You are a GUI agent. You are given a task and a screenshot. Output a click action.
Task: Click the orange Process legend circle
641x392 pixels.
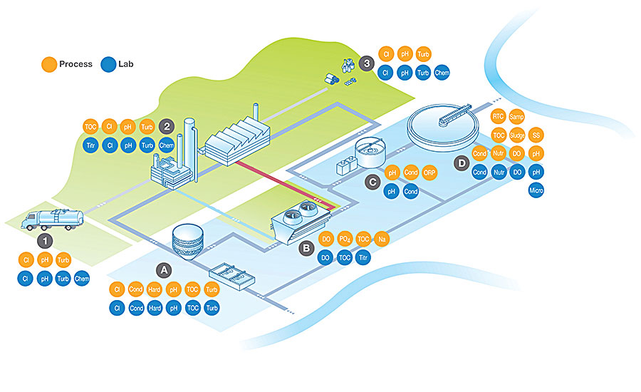[x=49, y=64]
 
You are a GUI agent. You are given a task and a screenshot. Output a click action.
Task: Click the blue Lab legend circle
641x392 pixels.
[x=108, y=64]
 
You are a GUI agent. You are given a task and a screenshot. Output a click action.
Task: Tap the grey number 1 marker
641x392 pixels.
[x=45, y=241]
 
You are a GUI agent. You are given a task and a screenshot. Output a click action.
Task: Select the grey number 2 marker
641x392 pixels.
[x=167, y=126]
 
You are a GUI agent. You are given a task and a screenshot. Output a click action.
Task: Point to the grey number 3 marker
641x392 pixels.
[x=367, y=63]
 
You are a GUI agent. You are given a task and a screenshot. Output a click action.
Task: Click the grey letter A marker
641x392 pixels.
[x=164, y=270]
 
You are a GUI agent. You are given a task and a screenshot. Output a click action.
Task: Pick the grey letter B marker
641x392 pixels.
[x=306, y=248]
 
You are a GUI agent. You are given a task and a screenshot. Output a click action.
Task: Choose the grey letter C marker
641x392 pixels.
[x=372, y=182]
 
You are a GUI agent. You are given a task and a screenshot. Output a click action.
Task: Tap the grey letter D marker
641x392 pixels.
[x=462, y=164]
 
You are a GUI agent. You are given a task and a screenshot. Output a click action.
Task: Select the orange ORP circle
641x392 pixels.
[x=429, y=172]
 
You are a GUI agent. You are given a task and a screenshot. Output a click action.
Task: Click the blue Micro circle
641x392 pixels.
[x=536, y=190]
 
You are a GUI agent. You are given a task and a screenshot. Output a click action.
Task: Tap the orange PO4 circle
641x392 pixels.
[x=345, y=239]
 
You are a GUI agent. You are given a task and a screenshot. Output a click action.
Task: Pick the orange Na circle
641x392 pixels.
[x=382, y=239]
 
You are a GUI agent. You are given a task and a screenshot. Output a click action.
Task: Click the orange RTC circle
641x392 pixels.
[x=498, y=116]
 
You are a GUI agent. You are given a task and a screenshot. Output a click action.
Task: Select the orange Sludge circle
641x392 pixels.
[x=517, y=135]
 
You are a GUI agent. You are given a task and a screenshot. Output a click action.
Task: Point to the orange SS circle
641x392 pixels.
[x=536, y=135]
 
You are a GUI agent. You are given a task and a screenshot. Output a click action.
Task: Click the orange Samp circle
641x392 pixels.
[x=516, y=117]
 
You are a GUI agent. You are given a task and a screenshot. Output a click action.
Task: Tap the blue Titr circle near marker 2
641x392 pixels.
[x=90, y=145]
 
